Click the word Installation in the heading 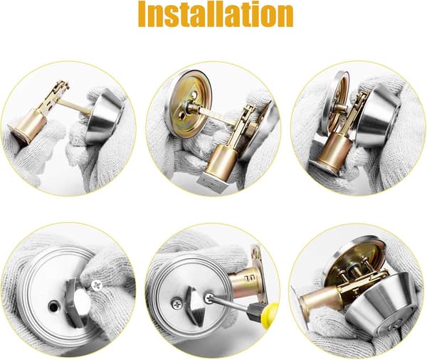(x=216, y=14)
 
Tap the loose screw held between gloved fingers (x=96, y=285)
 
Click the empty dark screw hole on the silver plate (x=53, y=307)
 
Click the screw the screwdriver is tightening (x=210, y=297)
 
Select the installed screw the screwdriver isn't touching (x=176, y=304)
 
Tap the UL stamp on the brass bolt (x=248, y=278)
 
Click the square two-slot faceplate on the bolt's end (x=213, y=182)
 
